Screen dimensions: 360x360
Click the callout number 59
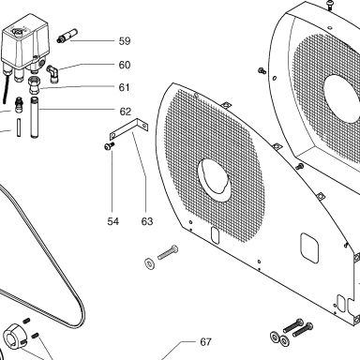tap(125, 41)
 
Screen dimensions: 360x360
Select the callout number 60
tap(125, 65)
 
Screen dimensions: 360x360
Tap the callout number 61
tap(124, 87)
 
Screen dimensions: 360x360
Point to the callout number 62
tap(126, 112)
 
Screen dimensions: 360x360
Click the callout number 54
tap(113, 221)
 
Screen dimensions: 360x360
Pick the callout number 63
tap(147, 221)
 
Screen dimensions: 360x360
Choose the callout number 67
tap(205, 342)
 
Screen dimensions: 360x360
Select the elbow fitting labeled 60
tap(52, 74)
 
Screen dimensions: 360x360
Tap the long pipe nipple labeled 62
tap(35, 117)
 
